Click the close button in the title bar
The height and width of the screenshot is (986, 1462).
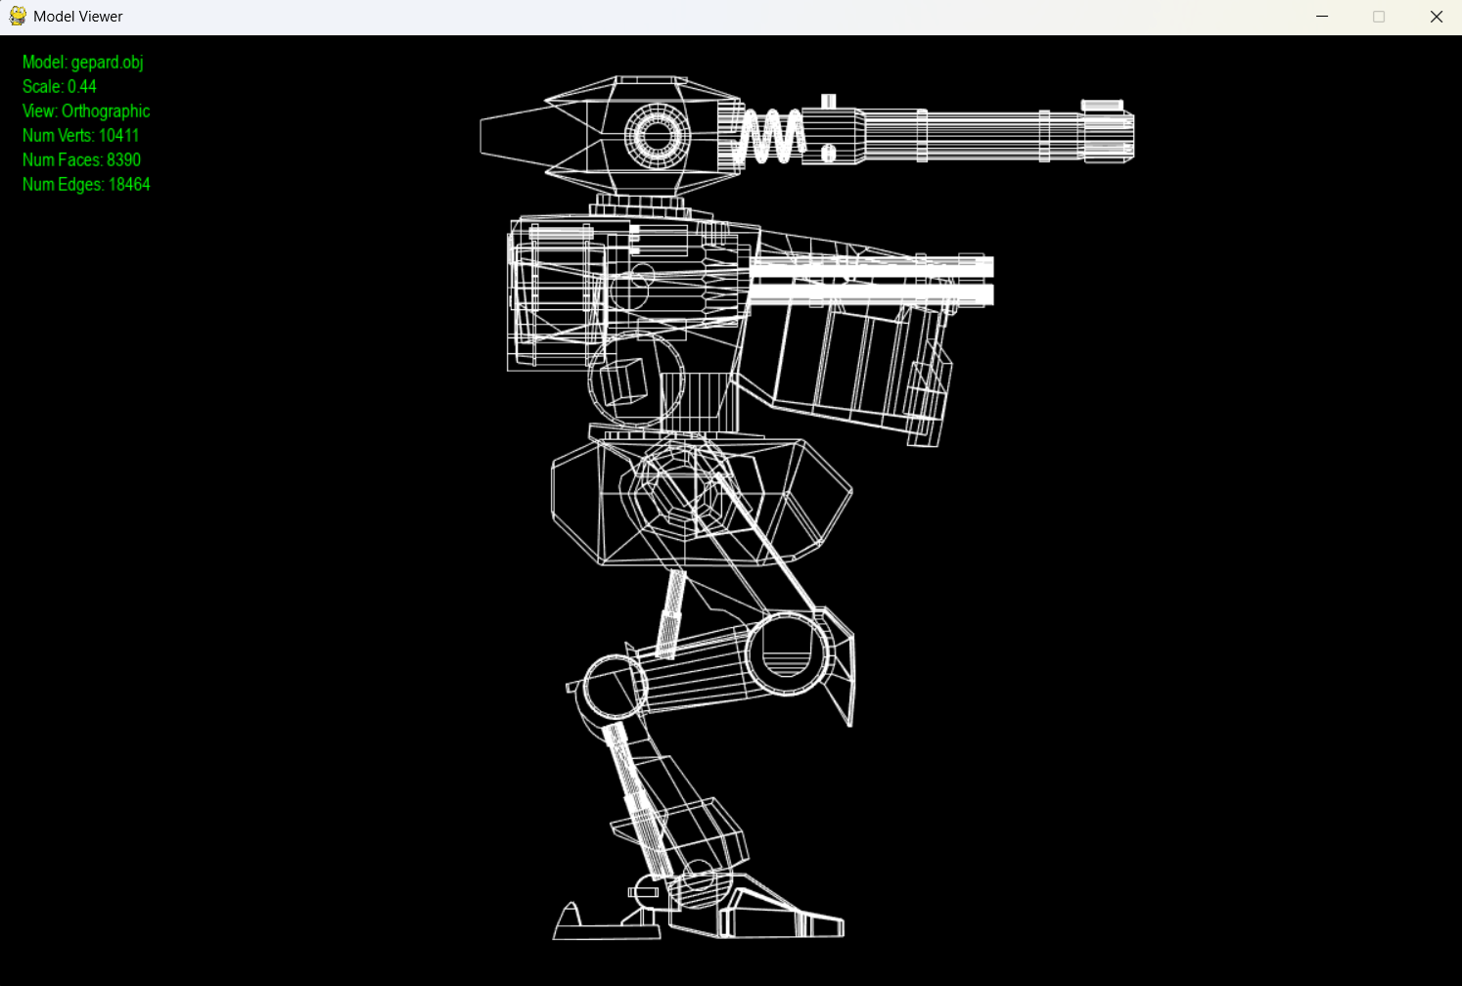[x=1436, y=17]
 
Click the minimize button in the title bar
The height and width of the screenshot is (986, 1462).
[x=1322, y=17]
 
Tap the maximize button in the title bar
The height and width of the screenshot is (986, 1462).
[x=1379, y=17]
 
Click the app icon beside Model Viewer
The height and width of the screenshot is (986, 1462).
[x=18, y=17]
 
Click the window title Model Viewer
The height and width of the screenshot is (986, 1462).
[x=77, y=17]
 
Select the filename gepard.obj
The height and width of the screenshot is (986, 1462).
[x=107, y=62]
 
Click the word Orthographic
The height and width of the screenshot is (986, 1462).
[x=106, y=111]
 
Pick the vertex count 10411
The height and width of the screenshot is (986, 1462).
[x=118, y=135]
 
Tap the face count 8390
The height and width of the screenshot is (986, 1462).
[x=123, y=159]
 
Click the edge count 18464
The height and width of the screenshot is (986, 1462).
[x=129, y=184]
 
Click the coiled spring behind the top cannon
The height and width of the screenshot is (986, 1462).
[x=768, y=136]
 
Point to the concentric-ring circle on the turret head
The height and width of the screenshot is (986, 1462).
[x=657, y=136]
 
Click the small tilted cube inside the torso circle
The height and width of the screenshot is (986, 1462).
[x=622, y=381]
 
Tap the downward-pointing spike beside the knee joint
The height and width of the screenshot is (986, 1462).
[x=841, y=679]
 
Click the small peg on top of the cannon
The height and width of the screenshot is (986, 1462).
[x=828, y=101]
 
